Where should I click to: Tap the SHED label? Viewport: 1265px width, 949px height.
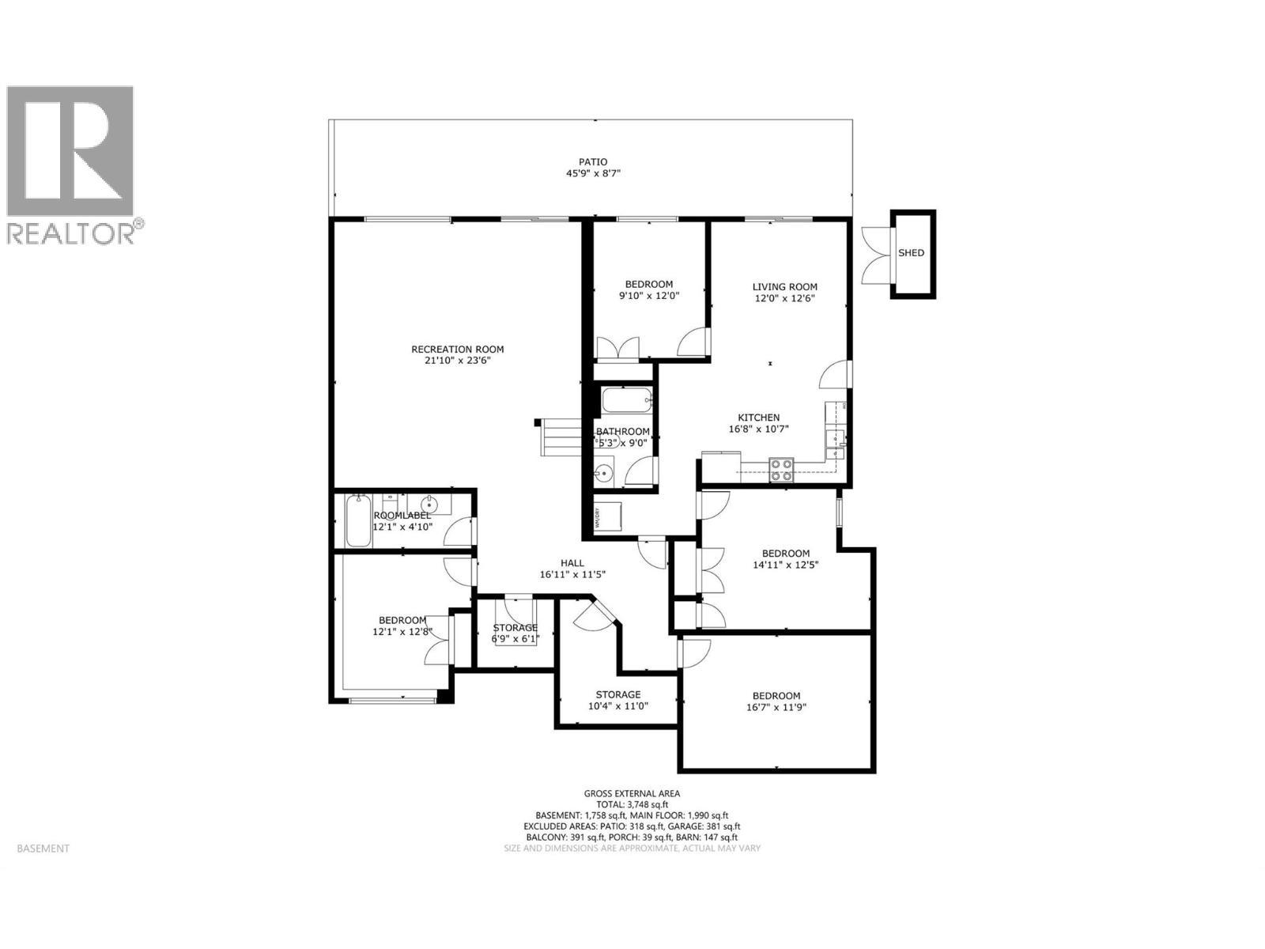pyautogui.click(x=911, y=253)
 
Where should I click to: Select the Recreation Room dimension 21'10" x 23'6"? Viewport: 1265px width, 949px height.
pyautogui.click(x=457, y=361)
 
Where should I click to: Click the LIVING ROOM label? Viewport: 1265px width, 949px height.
pyautogui.click(x=784, y=287)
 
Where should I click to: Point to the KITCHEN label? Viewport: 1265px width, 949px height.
pyautogui.click(x=759, y=418)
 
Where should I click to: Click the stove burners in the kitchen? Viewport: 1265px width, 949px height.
pyautogui.click(x=782, y=471)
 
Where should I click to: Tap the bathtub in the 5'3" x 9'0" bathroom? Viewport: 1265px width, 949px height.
pyautogui.click(x=627, y=401)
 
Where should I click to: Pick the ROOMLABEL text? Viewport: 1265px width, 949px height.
pyautogui.click(x=402, y=515)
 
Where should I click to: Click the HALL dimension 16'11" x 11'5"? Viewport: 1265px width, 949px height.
pyautogui.click(x=572, y=575)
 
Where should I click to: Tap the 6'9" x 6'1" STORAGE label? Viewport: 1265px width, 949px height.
pyautogui.click(x=515, y=628)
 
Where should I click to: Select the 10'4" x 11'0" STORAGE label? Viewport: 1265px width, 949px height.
pyautogui.click(x=617, y=694)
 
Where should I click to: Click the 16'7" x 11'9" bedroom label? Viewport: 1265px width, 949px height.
pyautogui.click(x=776, y=696)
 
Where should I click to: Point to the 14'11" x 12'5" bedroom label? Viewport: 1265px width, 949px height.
pyautogui.click(x=785, y=554)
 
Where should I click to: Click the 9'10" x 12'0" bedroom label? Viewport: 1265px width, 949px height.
pyautogui.click(x=648, y=285)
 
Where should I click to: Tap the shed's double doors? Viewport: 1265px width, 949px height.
pyautogui.click(x=875, y=253)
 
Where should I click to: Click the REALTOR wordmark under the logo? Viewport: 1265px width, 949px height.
pyautogui.click(x=70, y=233)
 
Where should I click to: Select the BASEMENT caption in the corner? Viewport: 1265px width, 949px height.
pyautogui.click(x=43, y=849)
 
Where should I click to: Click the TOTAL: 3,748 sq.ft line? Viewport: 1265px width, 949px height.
pyautogui.click(x=632, y=804)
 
